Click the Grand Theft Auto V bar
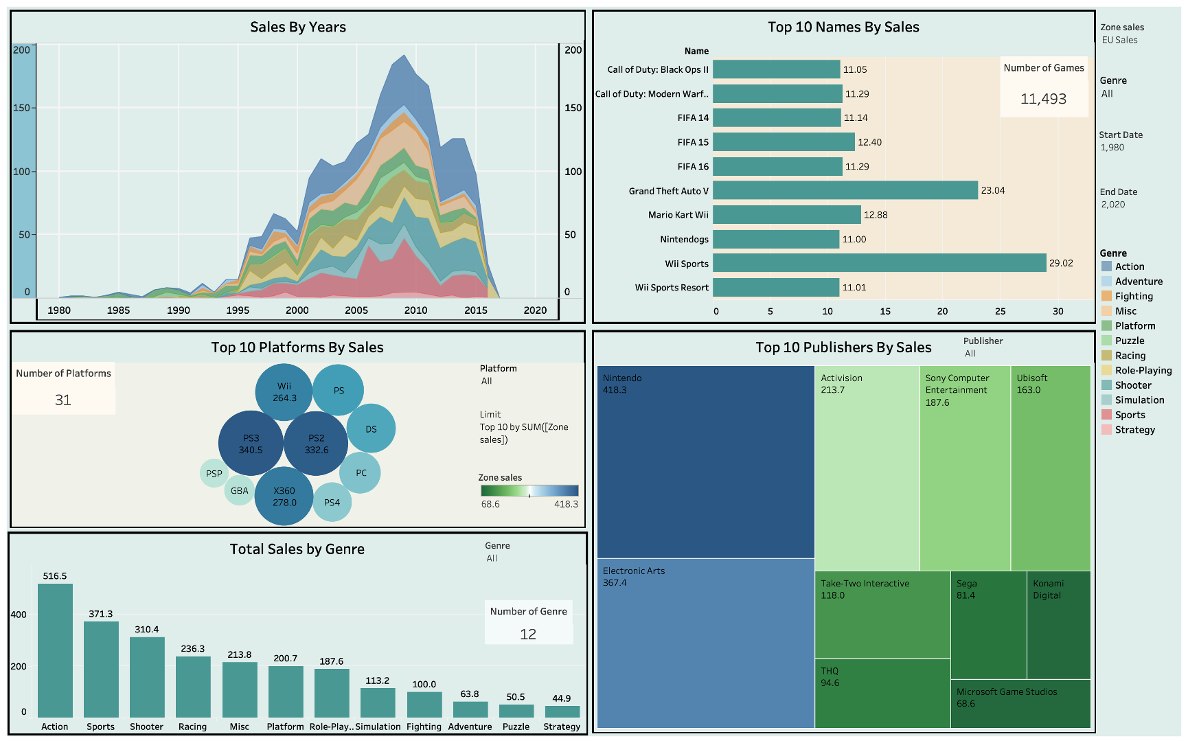tap(845, 190)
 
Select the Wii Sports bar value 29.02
tap(1061, 263)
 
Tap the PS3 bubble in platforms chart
tap(251, 444)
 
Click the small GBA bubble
tap(239, 490)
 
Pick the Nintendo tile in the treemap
tap(705, 461)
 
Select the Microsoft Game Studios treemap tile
tap(1020, 704)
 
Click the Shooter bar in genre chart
tap(147, 677)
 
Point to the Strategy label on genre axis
tap(562, 727)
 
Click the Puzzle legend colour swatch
tap(1106, 341)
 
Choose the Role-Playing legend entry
tap(1143, 370)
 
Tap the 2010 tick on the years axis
tap(415, 310)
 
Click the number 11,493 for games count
tap(1043, 99)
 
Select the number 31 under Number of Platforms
tap(63, 400)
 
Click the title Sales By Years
tap(297, 27)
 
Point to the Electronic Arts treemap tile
tap(705, 642)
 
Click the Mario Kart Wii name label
tap(678, 215)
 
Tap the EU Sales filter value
tap(1119, 40)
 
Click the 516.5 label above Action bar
tap(55, 576)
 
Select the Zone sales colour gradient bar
tap(529, 490)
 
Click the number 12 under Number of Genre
tap(527, 635)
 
